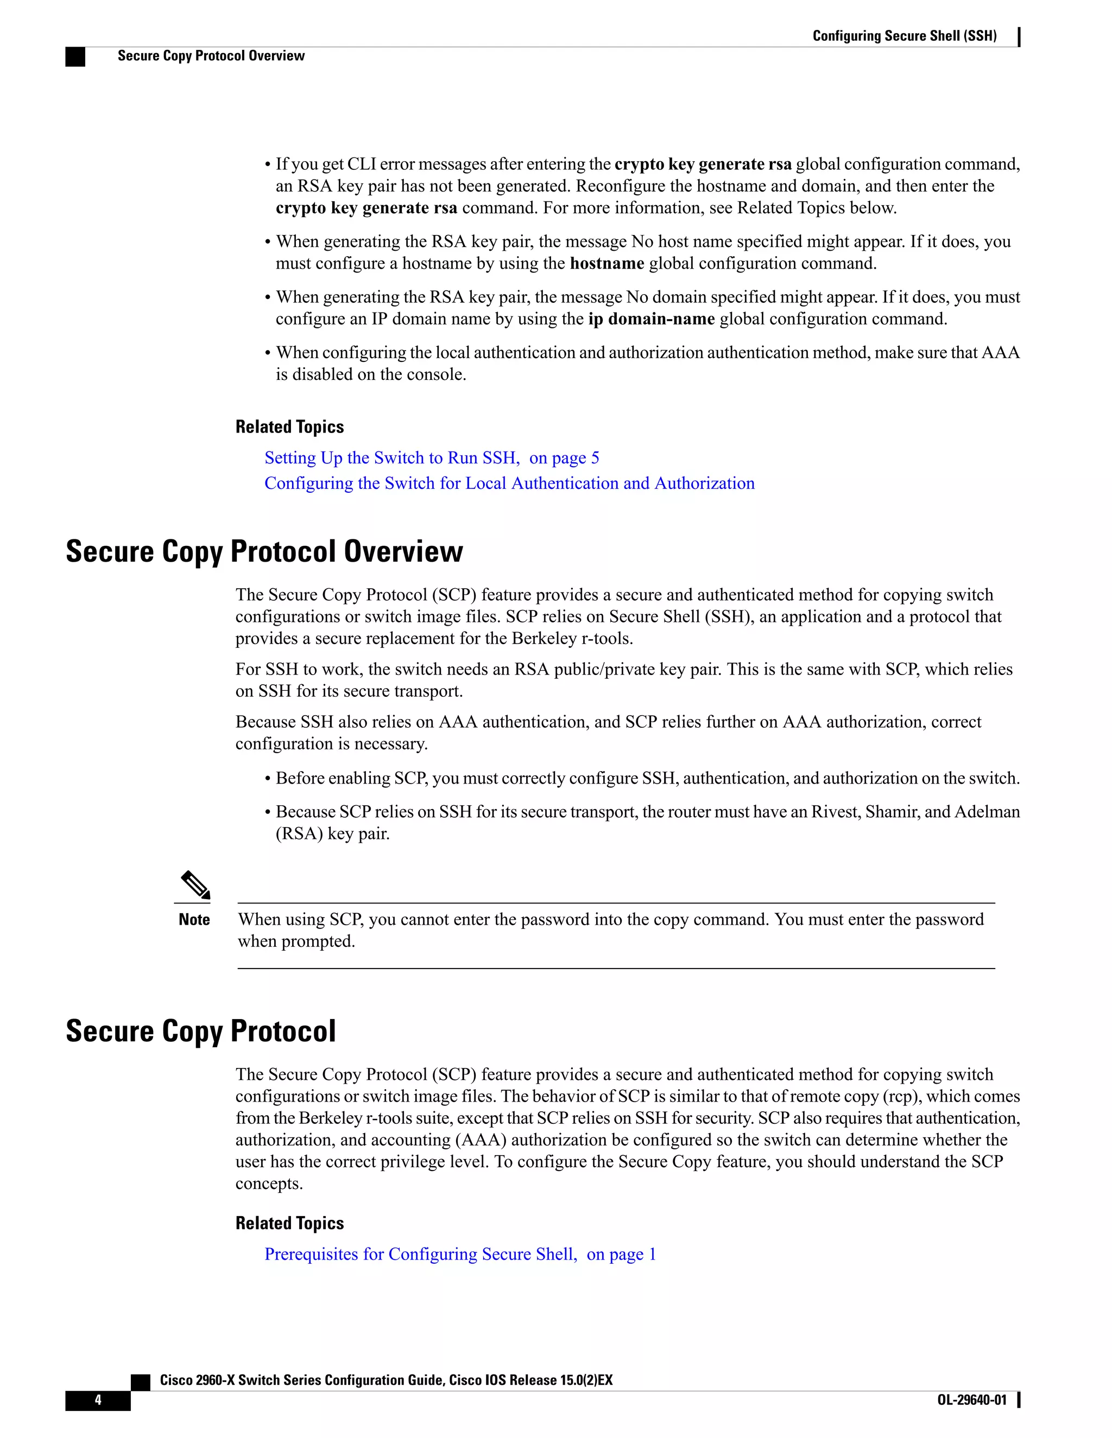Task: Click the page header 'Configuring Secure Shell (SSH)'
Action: pyautogui.click(x=904, y=36)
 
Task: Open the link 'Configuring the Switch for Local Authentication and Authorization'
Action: pyautogui.click(x=509, y=483)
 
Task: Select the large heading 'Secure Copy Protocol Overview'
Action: pyautogui.click(x=264, y=551)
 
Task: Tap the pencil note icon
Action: pyautogui.click(x=195, y=885)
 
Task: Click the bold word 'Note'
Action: pyautogui.click(x=194, y=920)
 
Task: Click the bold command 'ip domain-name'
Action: pyautogui.click(x=651, y=319)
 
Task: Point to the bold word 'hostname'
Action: pyautogui.click(x=606, y=263)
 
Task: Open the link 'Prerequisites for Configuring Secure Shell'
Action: pyautogui.click(x=420, y=1254)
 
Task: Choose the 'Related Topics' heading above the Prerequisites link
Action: pyautogui.click(x=289, y=1223)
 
